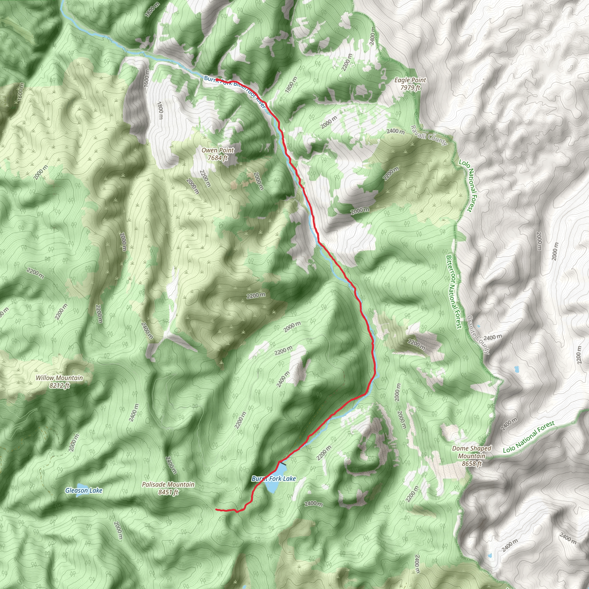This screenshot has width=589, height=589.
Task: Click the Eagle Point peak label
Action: coord(410,80)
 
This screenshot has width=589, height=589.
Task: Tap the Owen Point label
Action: coord(218,150)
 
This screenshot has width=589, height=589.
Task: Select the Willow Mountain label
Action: coord(60,378)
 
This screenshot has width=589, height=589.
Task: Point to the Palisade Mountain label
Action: coord(168,484)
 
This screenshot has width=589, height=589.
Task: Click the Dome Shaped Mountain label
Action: coord(472,452)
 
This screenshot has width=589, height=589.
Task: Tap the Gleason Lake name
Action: coord(84,491)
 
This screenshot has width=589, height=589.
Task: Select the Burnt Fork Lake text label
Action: coord(274,479)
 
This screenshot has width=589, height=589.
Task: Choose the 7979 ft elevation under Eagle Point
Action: coord(410,88)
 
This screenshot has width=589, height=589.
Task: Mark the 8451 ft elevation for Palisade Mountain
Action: coord(168,492)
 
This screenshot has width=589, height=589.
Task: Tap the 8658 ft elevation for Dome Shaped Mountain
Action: coord(472,464)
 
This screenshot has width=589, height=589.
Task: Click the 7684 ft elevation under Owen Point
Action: coord(218,158)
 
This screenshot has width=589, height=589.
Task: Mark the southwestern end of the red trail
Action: coord(216,509)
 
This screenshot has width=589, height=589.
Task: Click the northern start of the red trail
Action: coord(217,80)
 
